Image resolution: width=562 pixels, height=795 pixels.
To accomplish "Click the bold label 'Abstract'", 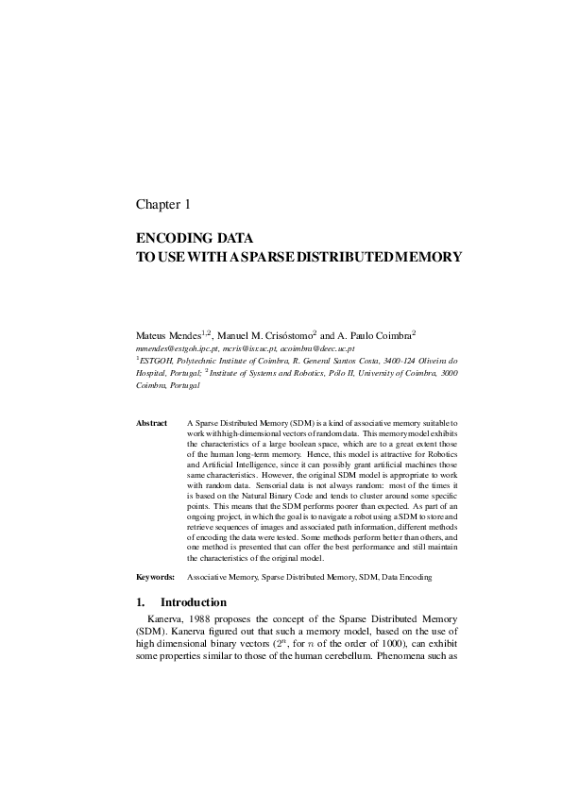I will tap(152, 424).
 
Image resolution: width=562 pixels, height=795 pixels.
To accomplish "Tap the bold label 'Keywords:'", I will tap(155, 575).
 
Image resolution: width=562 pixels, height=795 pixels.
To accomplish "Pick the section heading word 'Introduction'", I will tap(194, 602).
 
